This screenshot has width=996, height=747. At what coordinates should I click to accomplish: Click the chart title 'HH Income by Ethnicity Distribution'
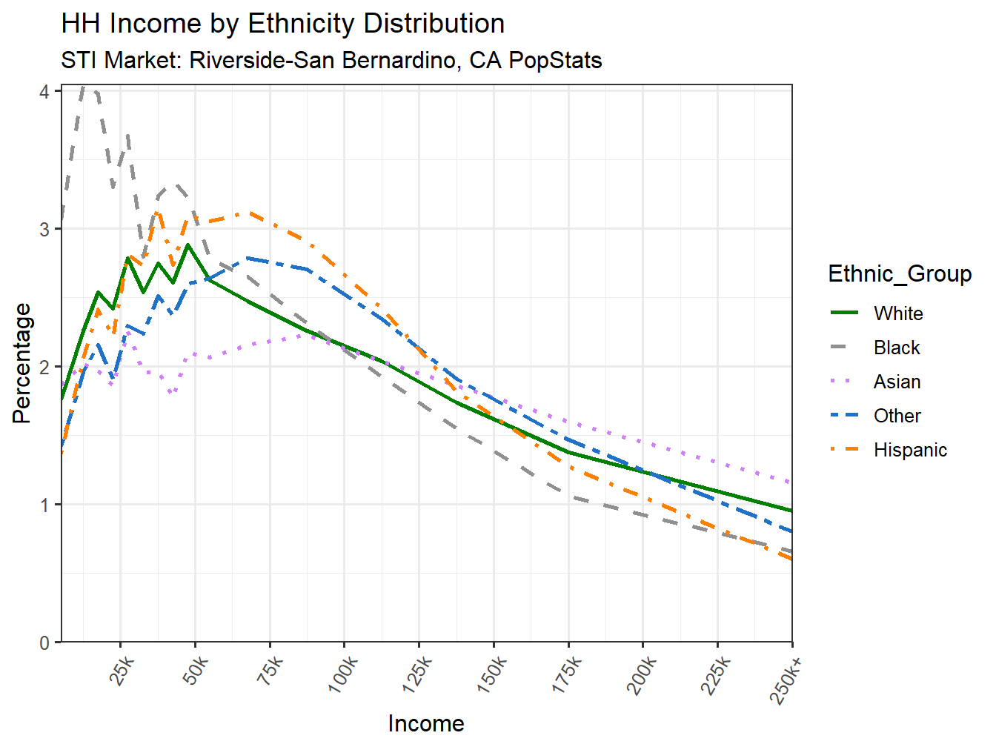tap(282, 24)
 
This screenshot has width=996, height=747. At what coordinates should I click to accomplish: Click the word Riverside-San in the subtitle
tap(259, 60)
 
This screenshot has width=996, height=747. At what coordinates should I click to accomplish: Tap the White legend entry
tap(897, 313)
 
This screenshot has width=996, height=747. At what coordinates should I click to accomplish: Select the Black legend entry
tap(896, 348)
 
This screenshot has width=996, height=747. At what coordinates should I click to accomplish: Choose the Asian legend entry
tap(897, 382)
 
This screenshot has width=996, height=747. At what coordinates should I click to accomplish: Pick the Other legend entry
tap(897, 416)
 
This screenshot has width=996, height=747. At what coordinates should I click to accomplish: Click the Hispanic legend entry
tap(909, 450)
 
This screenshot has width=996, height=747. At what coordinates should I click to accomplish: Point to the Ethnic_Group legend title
tap(899, 273)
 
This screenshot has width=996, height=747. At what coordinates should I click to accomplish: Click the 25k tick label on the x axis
tap(122, 672)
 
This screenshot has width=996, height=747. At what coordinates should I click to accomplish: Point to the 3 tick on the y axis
tap(45, 229)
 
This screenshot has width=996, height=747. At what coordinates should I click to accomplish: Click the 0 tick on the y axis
tap(45, 643)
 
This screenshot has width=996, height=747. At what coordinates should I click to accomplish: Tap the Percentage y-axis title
tap(22, 363)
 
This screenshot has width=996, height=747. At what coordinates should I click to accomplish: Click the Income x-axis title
tap(426, 723)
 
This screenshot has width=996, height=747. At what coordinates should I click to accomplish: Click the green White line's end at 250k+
tap(791, 511)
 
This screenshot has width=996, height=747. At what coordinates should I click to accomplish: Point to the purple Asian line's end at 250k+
tap(791, 483)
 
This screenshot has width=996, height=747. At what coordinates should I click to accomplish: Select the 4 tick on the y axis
tap(45, 91)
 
